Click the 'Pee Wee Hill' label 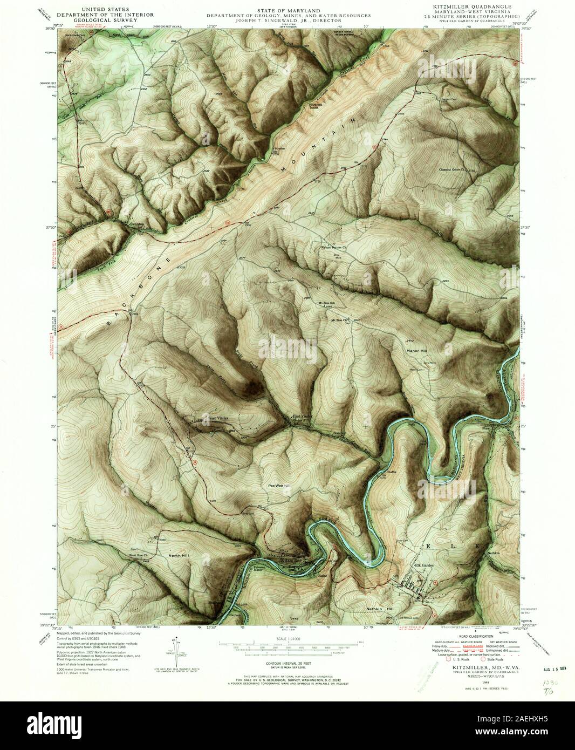point(279,485)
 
